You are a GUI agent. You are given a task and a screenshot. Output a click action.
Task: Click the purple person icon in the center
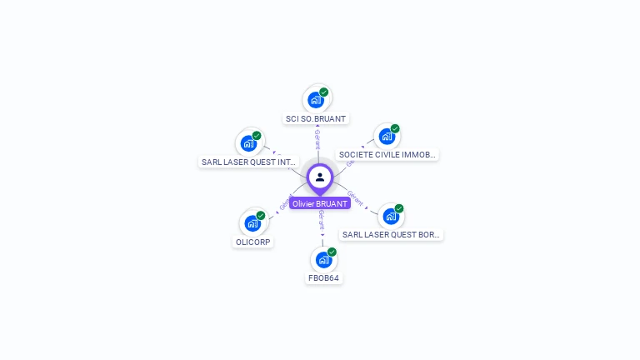[320, 177]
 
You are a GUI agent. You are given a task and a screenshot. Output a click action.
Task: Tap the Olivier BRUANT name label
[320, 203]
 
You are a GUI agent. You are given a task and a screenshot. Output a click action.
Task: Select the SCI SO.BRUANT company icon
[315, 100]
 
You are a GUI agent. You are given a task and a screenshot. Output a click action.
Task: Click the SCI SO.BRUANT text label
[316, 119]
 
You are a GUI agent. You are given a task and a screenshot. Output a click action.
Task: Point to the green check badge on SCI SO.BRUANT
[324, 92]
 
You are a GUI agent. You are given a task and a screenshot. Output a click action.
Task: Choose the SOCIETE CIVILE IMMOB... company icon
[387, 137]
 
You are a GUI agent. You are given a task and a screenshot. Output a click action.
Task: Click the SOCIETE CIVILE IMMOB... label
[387, 155]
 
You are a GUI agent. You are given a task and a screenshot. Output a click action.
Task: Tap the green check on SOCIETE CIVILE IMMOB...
[395, 129]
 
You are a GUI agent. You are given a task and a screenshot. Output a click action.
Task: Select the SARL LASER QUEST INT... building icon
[248, 143]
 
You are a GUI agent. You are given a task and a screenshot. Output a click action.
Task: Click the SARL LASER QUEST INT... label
[248, 162]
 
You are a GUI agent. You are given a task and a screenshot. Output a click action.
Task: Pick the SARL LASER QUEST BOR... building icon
[390, 217]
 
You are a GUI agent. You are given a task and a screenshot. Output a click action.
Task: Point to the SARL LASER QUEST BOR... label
[391, 235]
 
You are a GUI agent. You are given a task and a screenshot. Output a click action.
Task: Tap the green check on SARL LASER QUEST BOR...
[399, 208]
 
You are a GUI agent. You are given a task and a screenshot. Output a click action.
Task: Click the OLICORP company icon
[252, 223]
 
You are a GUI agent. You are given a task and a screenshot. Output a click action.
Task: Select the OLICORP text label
[253, 242]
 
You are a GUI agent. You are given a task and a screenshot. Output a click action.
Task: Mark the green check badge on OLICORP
[261, 216]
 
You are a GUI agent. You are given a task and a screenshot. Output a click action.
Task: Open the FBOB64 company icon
[323, 260]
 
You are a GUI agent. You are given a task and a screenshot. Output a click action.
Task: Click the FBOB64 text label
[324, 278]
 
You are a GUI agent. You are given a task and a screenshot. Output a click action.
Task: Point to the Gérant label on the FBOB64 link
[322, 220]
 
